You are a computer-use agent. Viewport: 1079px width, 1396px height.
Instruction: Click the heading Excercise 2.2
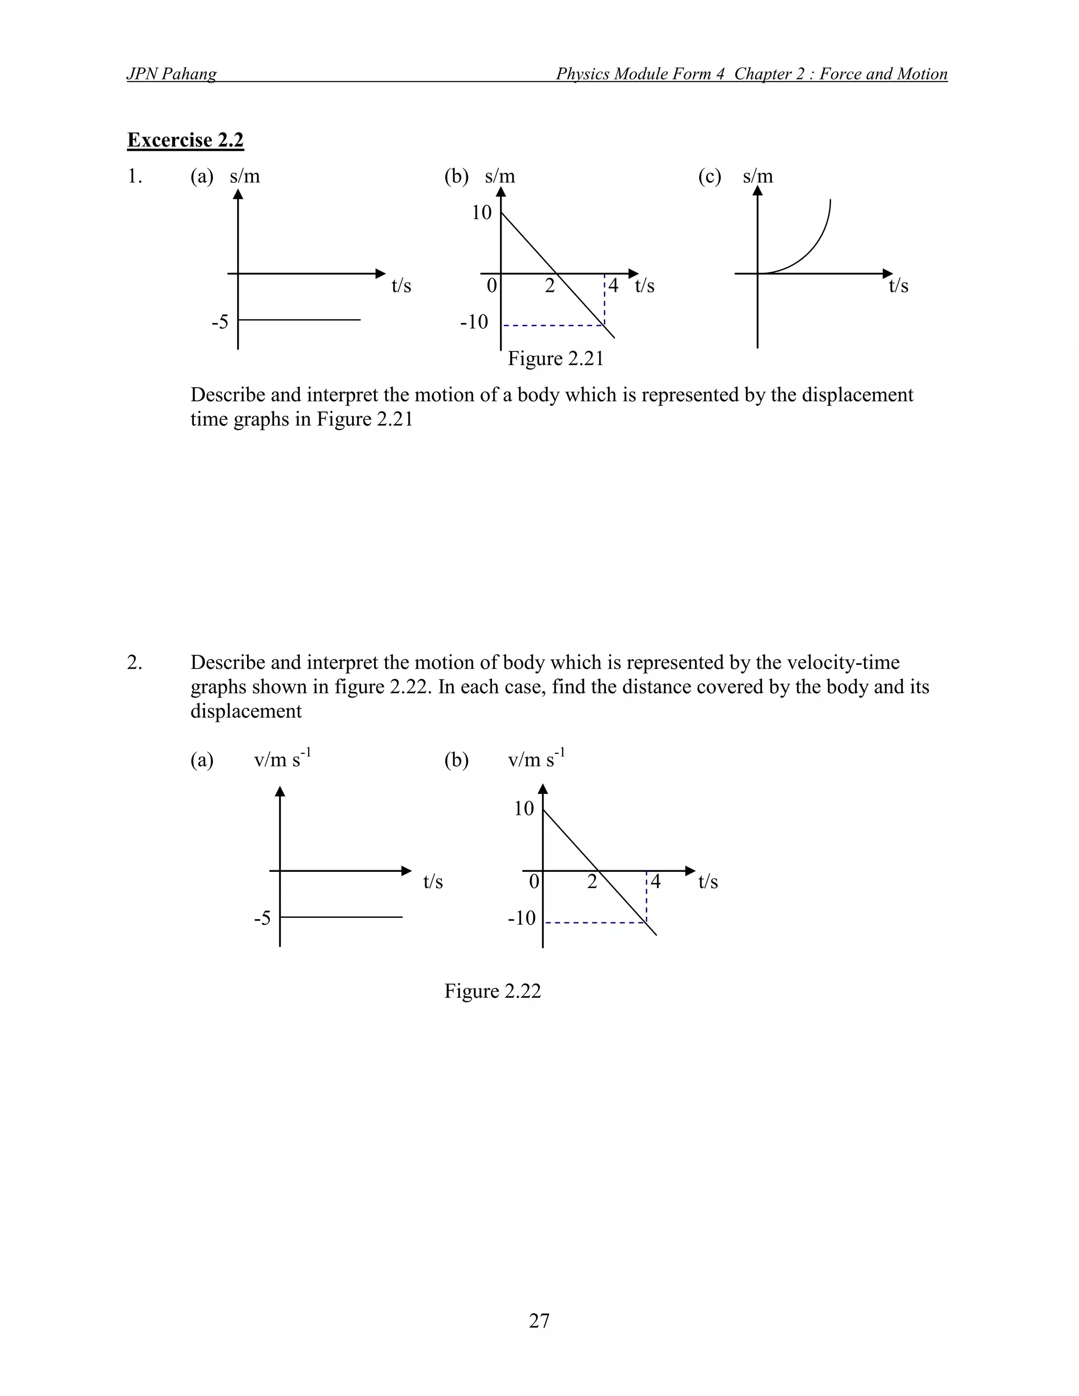click(185, 140)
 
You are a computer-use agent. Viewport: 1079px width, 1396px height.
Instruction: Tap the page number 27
click(539, 1320)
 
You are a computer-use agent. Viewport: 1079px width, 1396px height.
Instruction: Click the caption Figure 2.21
click(555, 359)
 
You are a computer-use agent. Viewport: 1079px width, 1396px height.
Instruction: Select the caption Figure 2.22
click(492, 991)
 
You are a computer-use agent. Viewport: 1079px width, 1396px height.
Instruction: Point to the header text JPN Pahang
click(171, 74)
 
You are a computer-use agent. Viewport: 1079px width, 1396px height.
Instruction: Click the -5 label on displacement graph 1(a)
click(220, 321)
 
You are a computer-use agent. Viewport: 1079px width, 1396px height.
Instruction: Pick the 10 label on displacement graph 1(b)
click(482, 212)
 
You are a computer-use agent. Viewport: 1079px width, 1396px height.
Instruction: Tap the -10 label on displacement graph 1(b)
click(474, 321)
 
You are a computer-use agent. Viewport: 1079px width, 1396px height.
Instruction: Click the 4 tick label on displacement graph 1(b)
click(613, 286)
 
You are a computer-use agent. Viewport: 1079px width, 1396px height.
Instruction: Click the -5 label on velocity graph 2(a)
click(262, 919)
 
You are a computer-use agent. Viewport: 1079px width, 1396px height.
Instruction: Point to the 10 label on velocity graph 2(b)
click(524, 809)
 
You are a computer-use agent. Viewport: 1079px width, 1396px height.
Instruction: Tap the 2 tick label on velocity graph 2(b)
click(592, 882)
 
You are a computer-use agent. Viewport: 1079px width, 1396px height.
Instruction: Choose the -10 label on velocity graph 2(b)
click(522, 919)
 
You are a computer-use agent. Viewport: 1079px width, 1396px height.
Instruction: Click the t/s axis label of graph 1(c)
click(898, 286)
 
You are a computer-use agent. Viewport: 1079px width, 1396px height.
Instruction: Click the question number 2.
click(134, 663)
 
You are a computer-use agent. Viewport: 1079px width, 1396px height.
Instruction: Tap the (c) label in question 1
click(710, 176)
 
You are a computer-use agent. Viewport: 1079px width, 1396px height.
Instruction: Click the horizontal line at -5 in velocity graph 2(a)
click(341, 917)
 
